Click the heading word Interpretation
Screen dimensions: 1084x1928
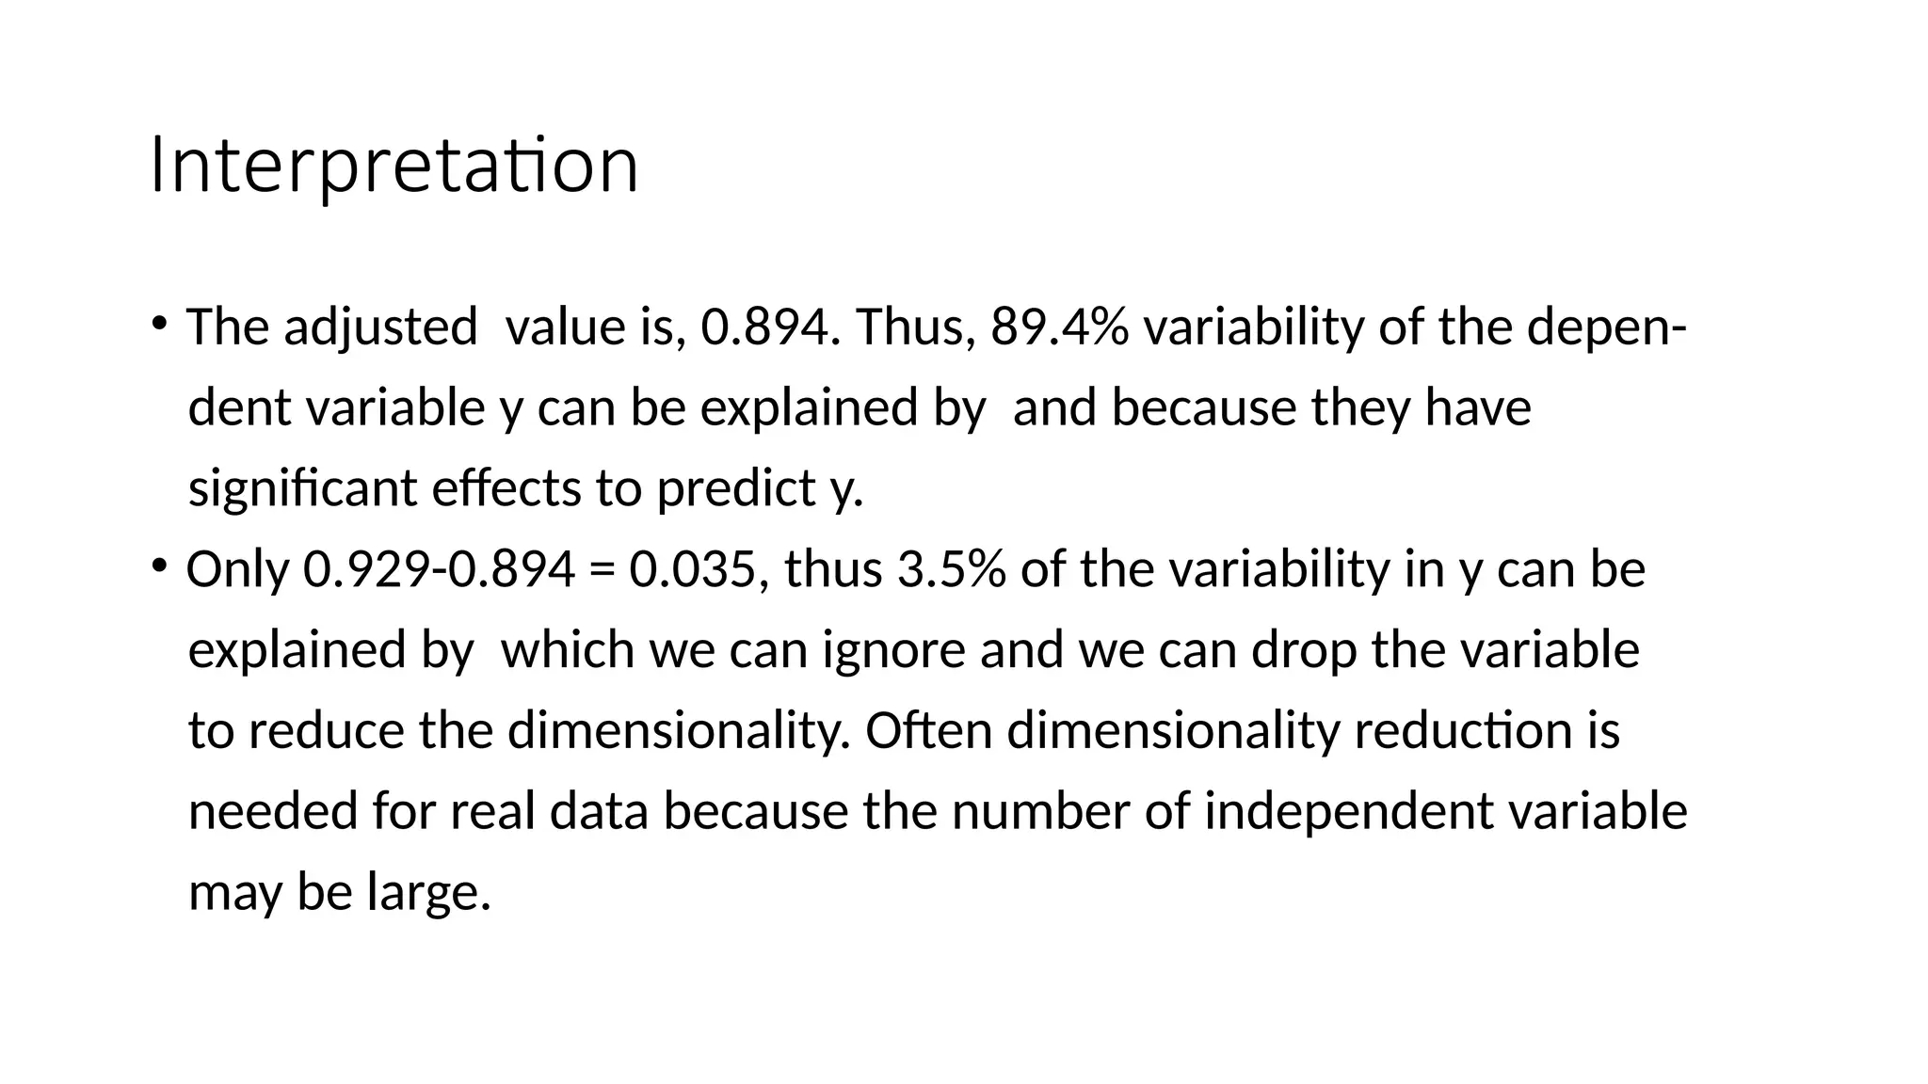[x=394, y=166]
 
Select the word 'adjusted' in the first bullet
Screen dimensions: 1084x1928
[x=379, y=328]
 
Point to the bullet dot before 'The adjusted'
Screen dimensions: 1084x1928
[x=159, y=323]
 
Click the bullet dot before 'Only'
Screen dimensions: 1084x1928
[x=159, y=565]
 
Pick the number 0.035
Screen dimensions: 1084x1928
[x=693, y=569]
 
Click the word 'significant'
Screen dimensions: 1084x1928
[x=302, y=489]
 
